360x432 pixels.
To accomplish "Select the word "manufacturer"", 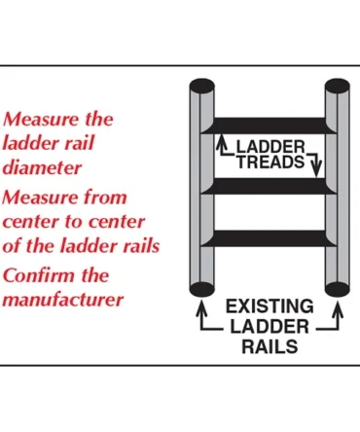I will pyautogui.click(x=63, y=300).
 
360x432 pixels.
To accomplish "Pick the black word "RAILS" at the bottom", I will pyautogui.click(x=270, y=345).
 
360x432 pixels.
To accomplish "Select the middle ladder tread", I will pyautogui.click(x=269, y=185).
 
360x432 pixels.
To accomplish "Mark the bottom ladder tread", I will pyautogui.click(x=269, y=237).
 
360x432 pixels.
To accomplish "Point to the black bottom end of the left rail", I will pyautogui.click(x=201, y=289).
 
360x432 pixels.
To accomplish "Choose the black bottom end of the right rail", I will pyautogui.click(x=337, y=289).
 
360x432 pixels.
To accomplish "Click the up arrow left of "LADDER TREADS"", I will pyautogui.click(x=221, y=144).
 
